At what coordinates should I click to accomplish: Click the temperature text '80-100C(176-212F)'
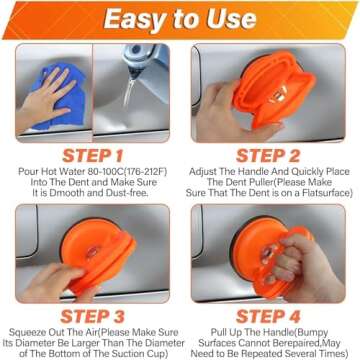[114, 172]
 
